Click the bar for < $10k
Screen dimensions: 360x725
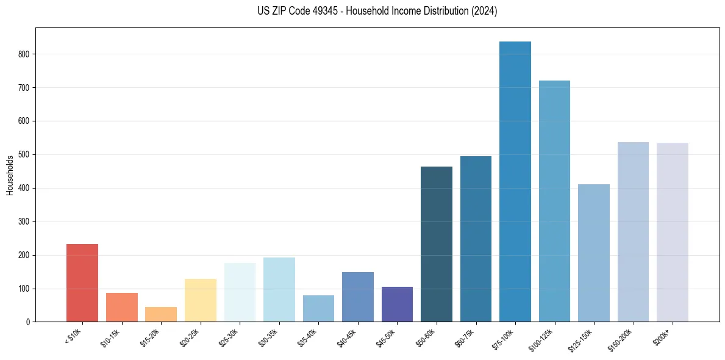[82, 283]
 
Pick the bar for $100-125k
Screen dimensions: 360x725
[554, 201]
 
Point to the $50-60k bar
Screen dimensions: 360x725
[437, 244]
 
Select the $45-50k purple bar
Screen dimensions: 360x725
[397, 304]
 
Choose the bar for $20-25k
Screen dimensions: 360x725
[201, 300]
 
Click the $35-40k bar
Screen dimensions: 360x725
[318, 309]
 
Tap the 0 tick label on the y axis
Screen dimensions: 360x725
[29, 322]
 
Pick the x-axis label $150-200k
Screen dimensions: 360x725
[621, 339]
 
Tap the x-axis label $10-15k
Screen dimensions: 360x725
[112, 337]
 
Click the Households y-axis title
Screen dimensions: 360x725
[10, 175]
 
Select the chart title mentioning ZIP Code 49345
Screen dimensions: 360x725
[377, 11]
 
